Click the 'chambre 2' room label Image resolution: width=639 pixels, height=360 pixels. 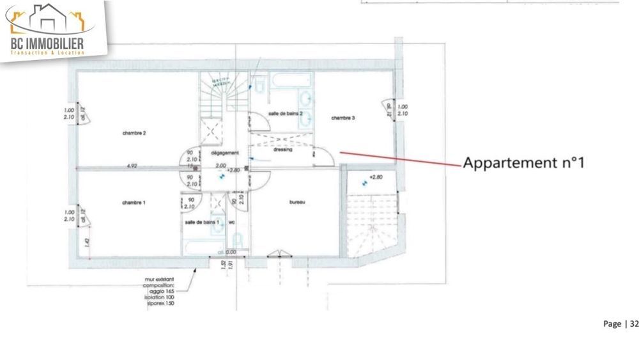[135, 133]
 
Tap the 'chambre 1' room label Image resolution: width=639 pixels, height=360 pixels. [134, 202]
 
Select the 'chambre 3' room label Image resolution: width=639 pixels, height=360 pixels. [343, 118]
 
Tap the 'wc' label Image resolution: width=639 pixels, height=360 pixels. [232, 221]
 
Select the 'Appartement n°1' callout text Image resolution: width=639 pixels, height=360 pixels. [524, 162]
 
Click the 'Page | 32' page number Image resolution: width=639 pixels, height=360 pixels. [620, 324]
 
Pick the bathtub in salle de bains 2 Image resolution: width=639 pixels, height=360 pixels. [291, 82]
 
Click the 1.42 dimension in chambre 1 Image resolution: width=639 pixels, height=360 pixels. [86, 243]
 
